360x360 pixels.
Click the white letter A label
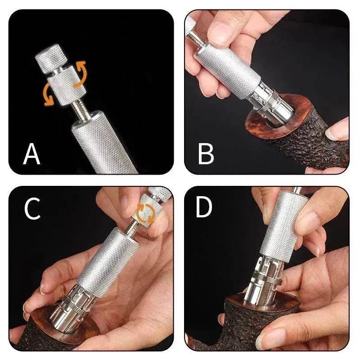pyautogui.click(x=31, y=153)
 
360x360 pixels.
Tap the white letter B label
pyautogui.click(x=206, y=153)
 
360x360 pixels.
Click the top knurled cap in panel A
pyautogui.click(x=50, y=58)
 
